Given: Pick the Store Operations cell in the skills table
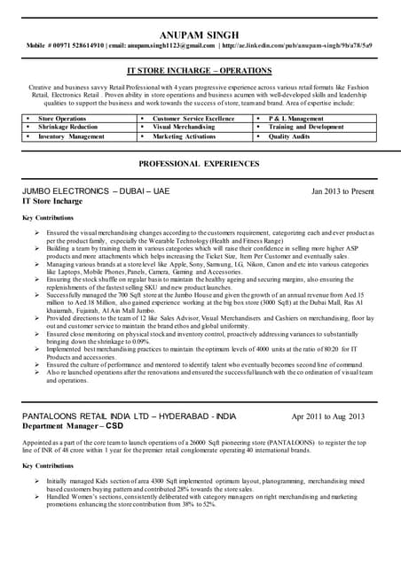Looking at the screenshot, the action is coord(62,118).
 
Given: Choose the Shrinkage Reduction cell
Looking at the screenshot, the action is coord(67,128).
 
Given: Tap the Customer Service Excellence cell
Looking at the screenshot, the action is coord(193,118).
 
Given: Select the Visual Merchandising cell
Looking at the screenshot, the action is coord(184,128).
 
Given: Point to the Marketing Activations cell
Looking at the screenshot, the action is coord(184,137).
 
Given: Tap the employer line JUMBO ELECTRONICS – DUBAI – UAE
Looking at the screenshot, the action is coord(95,191).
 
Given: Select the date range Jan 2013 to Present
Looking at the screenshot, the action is coord(342,191).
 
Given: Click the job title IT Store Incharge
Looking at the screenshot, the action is coord(54,202).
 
